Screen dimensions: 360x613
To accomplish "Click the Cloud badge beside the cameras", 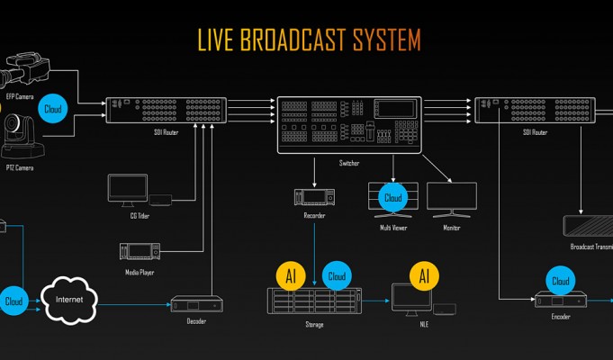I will [53, 109].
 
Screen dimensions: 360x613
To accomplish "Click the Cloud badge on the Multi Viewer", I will [393, 197].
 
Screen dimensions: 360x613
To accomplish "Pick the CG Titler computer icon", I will [127, 189].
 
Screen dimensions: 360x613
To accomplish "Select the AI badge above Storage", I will [291, 275].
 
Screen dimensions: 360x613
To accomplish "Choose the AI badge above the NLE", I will [424, 275].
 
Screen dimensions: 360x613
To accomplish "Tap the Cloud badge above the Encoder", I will [560, 281].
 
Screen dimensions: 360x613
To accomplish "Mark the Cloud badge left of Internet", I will [14, 301].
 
